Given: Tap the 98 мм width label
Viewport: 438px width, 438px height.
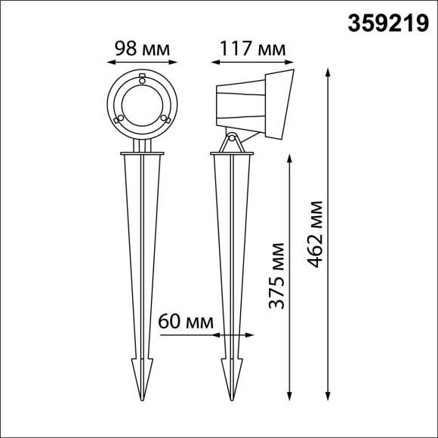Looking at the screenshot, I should (x=140, y=49).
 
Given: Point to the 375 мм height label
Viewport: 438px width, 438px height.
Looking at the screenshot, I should (x=277, y=276).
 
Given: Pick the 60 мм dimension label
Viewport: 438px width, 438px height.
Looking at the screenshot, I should (x=186, y=321).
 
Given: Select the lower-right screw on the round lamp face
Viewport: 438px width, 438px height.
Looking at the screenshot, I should (x=164, y=118).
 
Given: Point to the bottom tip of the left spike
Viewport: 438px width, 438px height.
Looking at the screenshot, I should (x=140, y=398).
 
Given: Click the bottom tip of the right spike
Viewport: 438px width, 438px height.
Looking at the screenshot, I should (x=232, y=398).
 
